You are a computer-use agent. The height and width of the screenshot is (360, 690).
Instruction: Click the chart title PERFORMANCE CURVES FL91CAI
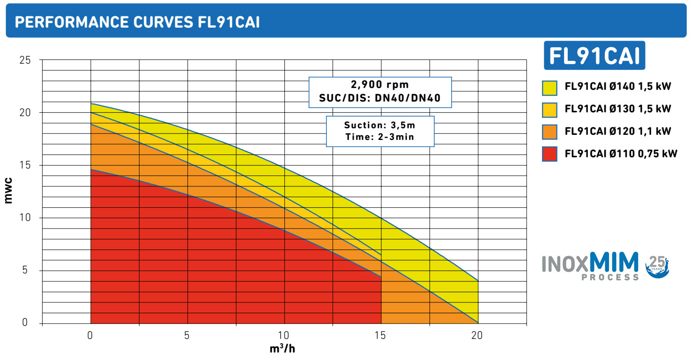pyautogui.click(x=137, y=22)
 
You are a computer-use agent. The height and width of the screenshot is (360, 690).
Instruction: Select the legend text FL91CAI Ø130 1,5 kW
pyautogui.click(x=618, y=109)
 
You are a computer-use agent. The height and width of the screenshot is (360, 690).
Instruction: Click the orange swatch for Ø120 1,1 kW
pyautogui.click(x=549, y=132)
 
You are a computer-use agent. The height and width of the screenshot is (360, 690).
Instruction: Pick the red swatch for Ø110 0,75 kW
pyautogui.click(x=549, y=154)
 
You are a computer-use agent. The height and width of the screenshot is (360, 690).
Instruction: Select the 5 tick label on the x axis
pyautogui.click(x=186, y=336)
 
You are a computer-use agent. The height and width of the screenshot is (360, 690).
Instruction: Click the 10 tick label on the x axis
pyautogui.click(x=283, y=336)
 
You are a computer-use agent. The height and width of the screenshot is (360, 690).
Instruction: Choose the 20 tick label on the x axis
pyautogui.click(x=477, y=336)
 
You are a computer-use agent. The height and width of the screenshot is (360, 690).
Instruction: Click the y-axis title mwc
pyautogui.click(x=8, y=191)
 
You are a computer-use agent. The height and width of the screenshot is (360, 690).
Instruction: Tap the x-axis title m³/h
pyautogui.click(x=282, y=349)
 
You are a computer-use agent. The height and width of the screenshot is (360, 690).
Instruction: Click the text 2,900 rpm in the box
pyautogui.click(x=380, y=85)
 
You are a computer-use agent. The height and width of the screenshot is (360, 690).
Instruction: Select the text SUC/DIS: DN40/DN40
pyautogui.click(x=380, y=98)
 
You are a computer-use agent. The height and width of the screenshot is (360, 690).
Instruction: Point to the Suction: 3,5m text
pyautogui.click(x=380, y=125)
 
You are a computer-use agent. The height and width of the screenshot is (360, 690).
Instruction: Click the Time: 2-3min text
pyautogui.click(x=380, y=137)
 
